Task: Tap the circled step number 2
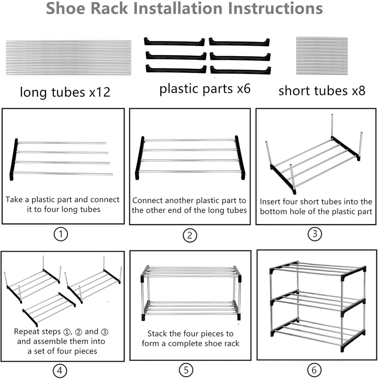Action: click(190, 236)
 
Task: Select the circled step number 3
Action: click(315, 234)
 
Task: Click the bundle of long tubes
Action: click(68, 57)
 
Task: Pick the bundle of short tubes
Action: click(322, 55)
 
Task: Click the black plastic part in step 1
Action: click(14, 159)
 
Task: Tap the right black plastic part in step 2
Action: click(240, 157)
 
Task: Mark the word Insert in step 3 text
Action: click(271, 202)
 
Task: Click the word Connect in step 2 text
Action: click(148, 200)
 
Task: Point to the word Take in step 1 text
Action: click(14, 200)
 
